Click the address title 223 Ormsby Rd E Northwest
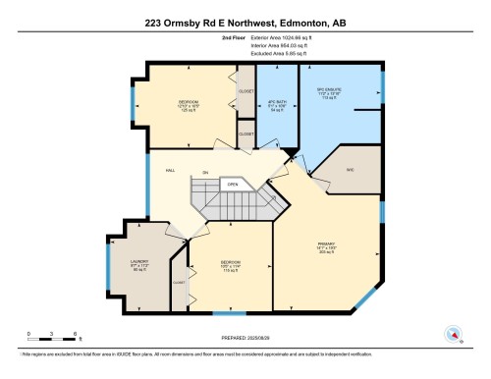tap(245, 23)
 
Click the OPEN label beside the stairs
tap(233, 184)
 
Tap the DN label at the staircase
tap(205, 173)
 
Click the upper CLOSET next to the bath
tap(245, 90)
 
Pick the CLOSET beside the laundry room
tap(179, 282)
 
